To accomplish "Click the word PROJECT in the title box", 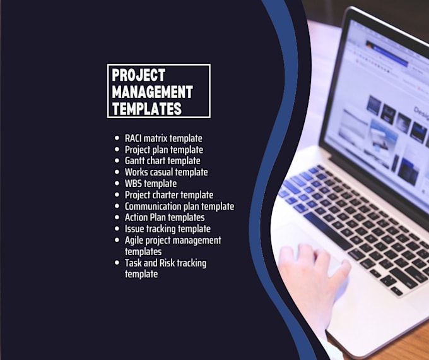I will [138, 75].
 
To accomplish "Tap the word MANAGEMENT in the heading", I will [152, 92].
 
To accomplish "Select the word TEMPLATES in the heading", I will [146, 109].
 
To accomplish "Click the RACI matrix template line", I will [163, 138].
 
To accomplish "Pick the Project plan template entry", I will [163, 150].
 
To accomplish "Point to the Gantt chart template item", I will [162, 161].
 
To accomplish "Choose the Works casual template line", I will [166, 172].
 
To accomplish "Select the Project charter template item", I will [168, 195].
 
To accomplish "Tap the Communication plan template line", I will [179, 207].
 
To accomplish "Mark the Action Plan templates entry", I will [164, 218].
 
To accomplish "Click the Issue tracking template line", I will [167, 229].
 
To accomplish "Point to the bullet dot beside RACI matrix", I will [117, 138].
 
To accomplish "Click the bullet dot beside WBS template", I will [117, 184].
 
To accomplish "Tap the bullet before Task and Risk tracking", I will [117, 263].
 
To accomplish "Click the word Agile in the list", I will [134, 241].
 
